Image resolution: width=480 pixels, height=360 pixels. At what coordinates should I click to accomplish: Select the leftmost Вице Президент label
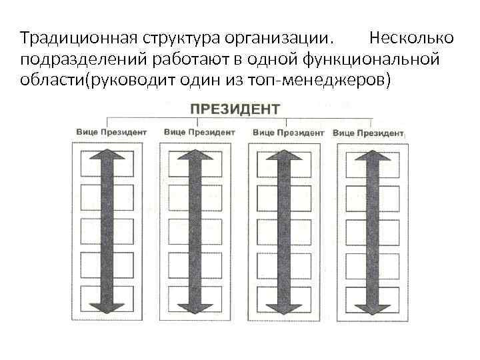111,132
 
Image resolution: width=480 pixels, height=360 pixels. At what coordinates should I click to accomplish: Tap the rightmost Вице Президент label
368,133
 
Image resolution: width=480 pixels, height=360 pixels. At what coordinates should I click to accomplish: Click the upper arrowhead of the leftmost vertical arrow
111,155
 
